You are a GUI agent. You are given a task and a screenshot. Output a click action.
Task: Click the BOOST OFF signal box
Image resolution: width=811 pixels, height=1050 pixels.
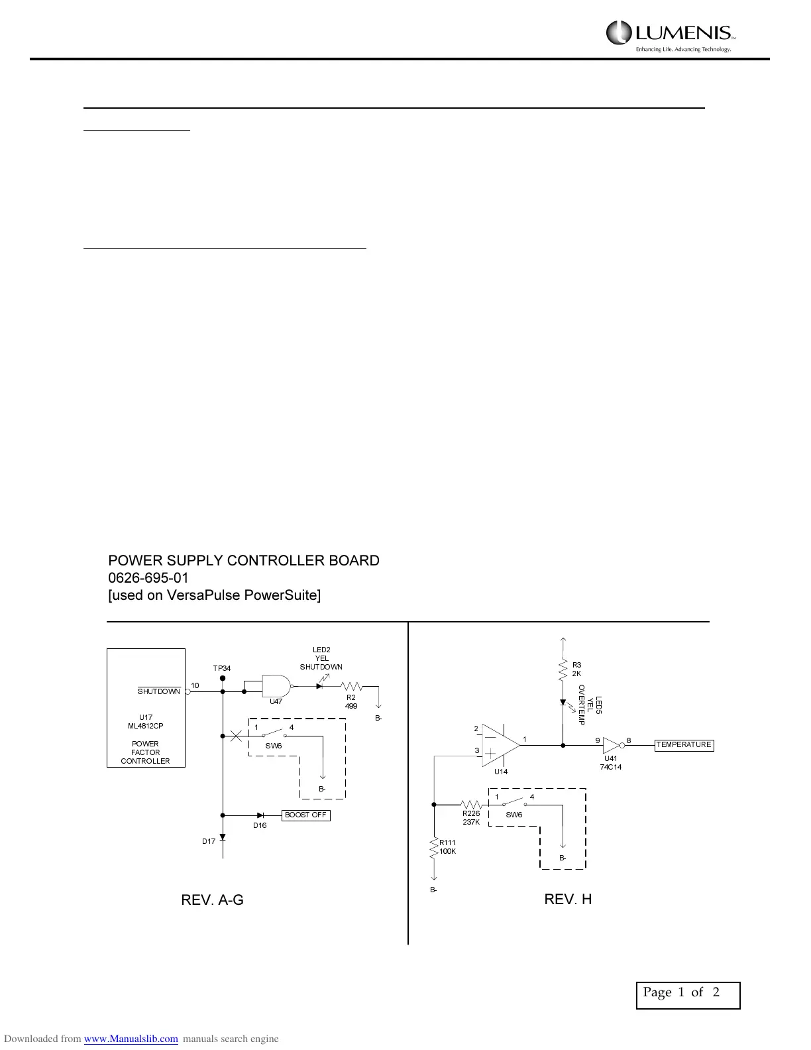click(306, 815)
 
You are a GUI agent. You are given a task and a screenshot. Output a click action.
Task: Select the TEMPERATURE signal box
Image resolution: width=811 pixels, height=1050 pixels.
click(684, 744)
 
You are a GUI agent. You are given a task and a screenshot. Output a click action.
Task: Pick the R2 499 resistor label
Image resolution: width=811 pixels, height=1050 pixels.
click(351, 701)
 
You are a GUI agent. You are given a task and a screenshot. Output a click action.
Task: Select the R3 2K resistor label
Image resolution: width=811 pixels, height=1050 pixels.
click(576, 669)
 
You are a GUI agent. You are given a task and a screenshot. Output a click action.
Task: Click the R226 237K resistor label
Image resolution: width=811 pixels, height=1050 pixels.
click(471, 817)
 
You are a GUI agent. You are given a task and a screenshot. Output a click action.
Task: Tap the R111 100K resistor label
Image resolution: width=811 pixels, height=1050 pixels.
click(448, 846)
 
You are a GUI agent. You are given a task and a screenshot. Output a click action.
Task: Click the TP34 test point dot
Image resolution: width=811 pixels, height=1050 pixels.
click(223, 679)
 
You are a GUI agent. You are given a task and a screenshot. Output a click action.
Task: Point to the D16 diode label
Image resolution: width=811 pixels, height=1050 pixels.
click(260, 825)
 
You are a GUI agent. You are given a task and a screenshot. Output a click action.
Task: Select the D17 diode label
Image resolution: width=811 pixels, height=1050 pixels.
click(209, 841)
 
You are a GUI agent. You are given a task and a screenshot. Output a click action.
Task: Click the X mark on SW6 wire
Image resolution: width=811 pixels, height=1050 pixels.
click(235, 735)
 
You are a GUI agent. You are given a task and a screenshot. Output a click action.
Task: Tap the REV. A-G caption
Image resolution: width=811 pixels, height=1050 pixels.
click(212, 900)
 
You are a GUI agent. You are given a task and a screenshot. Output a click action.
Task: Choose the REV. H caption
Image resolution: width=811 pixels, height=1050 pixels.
click(568, 899)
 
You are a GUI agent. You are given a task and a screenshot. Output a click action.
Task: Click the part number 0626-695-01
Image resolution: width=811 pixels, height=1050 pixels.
click(148, 578)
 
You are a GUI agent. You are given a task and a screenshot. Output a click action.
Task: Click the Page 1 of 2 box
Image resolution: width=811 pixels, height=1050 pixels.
click(688, 995)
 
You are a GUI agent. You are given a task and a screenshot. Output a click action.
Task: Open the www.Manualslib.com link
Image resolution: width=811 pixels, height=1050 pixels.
click(131, 1039)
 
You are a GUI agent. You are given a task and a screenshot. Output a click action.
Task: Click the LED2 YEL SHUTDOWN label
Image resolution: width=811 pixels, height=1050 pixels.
click(321, 658)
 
